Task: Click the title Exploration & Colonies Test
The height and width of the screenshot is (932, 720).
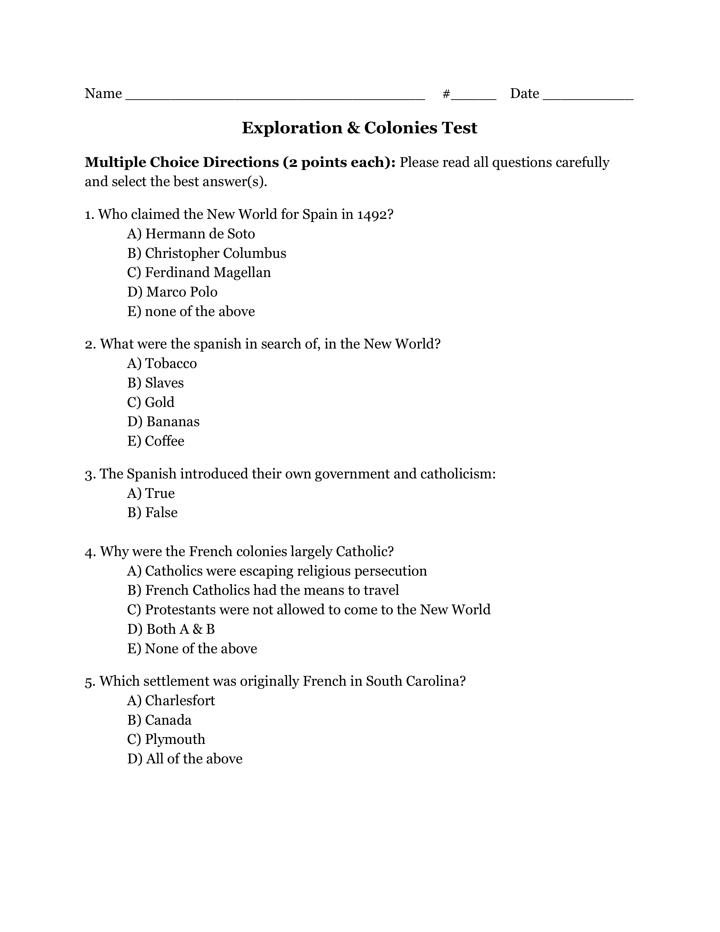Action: tap(359, 128)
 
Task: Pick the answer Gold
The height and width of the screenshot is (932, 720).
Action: tap(151, 402)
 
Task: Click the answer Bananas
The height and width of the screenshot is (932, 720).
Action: tap(164, 422)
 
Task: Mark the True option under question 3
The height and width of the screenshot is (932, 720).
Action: tap(151, 493)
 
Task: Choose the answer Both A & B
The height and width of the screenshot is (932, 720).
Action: tap(171, 629)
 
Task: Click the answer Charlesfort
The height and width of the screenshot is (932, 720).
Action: tap(171, 700)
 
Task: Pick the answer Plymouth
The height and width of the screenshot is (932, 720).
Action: tap(166, 739)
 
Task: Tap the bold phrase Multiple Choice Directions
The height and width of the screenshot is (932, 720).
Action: tap(181, 163)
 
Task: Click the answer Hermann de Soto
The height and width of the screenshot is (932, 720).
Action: tap(191, 234)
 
